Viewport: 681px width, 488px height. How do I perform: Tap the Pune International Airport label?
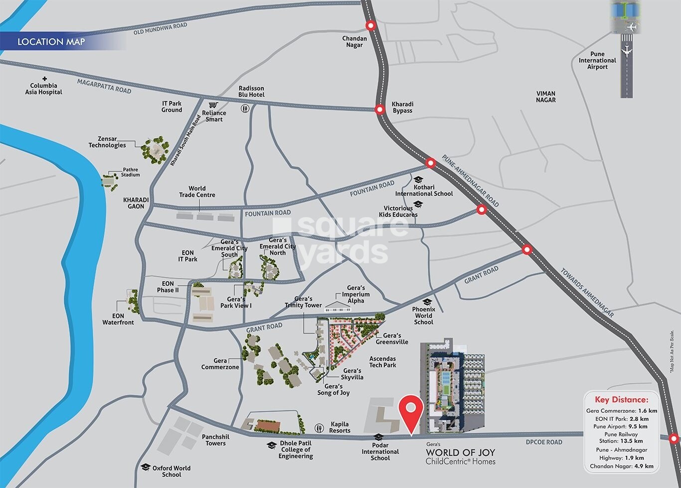[x=597, y=60]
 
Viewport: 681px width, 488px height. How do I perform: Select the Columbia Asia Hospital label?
[x=44, y=89]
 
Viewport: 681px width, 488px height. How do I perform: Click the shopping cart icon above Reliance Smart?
[x=213, y=105]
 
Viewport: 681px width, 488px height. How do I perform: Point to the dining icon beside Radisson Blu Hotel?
[x=245, y=108]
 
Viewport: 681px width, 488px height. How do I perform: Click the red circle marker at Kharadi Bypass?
[x=380, y=110]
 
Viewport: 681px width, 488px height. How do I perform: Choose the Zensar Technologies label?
[x=107, y=142]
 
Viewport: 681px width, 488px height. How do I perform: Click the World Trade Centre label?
[x=197, y=192]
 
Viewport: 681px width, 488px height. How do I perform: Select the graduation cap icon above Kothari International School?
[x=418, y=179]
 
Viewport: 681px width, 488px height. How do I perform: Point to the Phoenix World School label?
[x=423, y=316]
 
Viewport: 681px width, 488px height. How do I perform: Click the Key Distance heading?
[x=622, y=399]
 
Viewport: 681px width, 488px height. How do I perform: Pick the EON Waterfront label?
[x=118, y=319]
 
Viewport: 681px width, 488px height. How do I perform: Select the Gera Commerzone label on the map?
[x=220, y=364]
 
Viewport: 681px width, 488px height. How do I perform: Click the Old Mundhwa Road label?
[x=160, y=29]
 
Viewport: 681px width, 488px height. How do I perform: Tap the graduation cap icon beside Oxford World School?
[x=146, y=467]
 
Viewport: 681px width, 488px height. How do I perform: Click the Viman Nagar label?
[x=546, y=97]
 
